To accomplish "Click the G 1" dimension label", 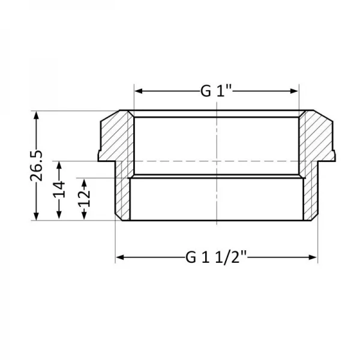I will (x=216, y=91).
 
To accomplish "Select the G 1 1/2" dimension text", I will (x=216, y=258).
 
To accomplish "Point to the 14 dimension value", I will (x=59, y=191).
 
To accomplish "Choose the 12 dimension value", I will (x=83, y=195).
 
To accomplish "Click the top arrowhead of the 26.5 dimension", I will (x=37, y=115).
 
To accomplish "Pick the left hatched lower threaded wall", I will (x=123, y=195).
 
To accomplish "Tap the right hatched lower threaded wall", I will (x=309, y=195).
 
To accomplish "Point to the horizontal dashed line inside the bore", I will (x=180, y=161).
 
